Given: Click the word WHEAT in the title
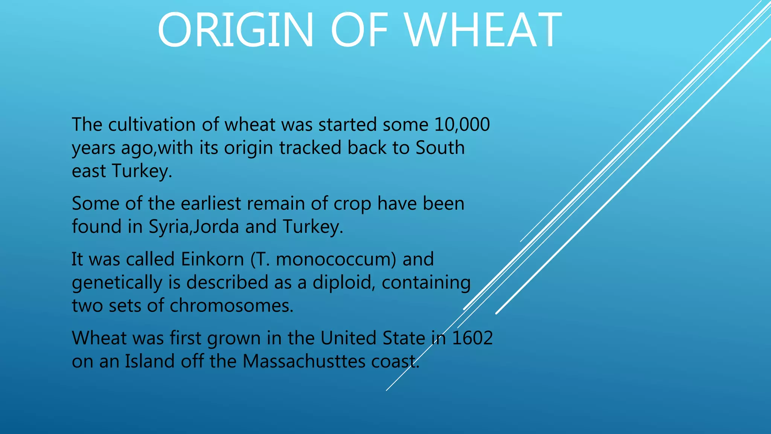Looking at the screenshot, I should tap(484, 30).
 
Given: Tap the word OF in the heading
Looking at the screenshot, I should tap(359, 30).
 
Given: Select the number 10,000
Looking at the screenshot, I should tap(462, 125).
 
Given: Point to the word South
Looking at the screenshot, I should tap(440, 148).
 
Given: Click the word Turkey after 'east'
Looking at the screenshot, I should tap(142, 171).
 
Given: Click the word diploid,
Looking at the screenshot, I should tap(344, 283).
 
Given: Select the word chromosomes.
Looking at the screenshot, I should tap(232, 306).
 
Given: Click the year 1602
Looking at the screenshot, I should tap(472, 338).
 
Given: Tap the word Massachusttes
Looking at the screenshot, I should tap(304, 361).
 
